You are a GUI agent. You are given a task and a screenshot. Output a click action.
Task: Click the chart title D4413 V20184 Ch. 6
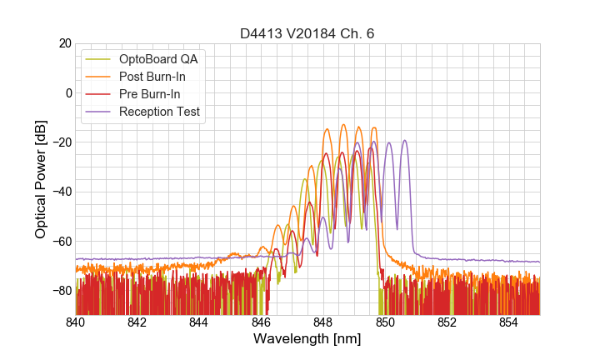[307, 34]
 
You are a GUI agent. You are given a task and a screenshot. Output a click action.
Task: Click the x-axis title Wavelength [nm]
[307, 339]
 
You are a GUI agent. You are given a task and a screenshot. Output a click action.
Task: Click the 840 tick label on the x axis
[75, 322]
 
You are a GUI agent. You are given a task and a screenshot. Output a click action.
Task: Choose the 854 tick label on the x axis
[509, 322]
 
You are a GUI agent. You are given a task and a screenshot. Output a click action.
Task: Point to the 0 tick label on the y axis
[68, 92]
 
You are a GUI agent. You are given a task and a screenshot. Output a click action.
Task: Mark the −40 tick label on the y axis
[62, 192]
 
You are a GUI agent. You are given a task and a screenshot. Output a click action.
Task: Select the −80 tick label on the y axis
[62, 291]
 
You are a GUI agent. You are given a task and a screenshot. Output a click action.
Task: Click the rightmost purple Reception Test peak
[405, 141]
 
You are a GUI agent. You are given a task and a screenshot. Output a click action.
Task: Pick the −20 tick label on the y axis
[62, 142]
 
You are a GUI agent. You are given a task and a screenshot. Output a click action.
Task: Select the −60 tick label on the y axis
[62, 242]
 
